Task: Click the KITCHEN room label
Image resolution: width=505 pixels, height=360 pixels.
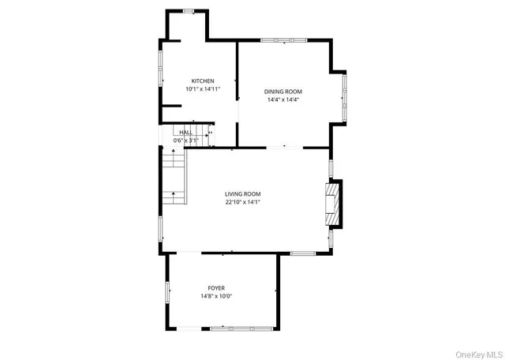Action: pyautogui.click(x=202, y=81)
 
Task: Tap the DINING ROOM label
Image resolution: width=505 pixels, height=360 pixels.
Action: pyautogui.click(x=282, y=92)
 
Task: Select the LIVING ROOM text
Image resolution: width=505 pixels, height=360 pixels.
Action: pyautogui.click(x=242, y=193)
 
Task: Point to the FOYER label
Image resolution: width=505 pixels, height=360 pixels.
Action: pyautogui.click(x=216, y=288)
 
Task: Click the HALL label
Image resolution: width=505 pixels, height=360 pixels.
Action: pyautogui.click(x=185, y=133)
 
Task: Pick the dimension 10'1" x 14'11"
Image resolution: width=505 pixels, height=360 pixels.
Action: pyautogui.click(x=202, y=90)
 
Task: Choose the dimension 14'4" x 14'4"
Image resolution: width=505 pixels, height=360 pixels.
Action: pyautogui.click(x=282, y=100)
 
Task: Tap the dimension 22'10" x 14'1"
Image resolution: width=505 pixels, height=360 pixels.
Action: pyautogui.click(x=242, y=202)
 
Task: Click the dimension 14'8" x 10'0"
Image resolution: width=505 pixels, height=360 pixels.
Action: pyautogui.click(x=216, y=297)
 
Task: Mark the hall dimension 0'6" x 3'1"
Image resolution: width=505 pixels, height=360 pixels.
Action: pyautogui.click(x=185, y=141)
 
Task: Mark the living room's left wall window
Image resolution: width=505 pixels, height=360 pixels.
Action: pyautogui.click(x=161, y=228)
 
